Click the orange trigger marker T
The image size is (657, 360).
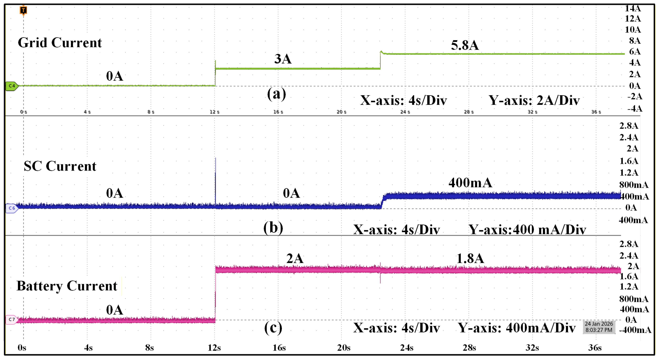[x=23, y=10]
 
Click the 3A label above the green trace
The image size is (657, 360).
[x=283, y=59]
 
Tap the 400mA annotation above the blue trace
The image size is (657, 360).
[x=470, y=182]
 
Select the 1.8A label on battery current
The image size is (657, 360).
[x=470, y=259]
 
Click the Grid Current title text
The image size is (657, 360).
[x=60, y=43]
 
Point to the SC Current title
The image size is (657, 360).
[x=60, y=166]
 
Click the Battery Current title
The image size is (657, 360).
[x=67, y=286]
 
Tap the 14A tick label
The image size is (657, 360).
[x=633, y=8]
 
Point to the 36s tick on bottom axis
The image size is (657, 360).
[x=595, y=348]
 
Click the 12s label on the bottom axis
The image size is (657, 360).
[x=214, y=348]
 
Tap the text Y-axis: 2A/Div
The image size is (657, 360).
[x=534, y=100]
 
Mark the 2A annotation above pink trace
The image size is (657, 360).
[x=295, y=259]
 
